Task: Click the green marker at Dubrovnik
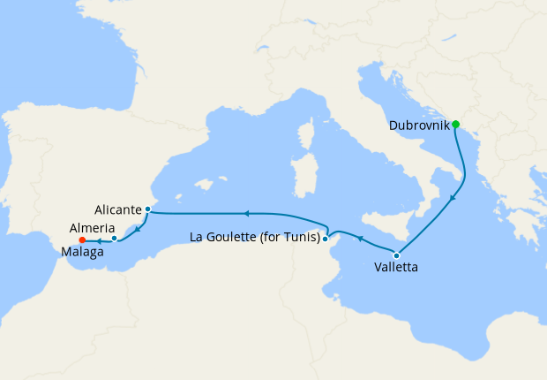456,124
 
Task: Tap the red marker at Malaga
81,239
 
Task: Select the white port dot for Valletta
396,255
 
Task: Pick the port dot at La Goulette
326,238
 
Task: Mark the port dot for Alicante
147,209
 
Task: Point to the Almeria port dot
115,238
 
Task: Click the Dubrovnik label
419,125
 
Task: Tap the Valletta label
396,267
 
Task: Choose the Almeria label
90,227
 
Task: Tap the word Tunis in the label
300,237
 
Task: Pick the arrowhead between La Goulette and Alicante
247,213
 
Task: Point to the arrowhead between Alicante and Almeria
136,229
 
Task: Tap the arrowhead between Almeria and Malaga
97,239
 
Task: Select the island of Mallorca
203,186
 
